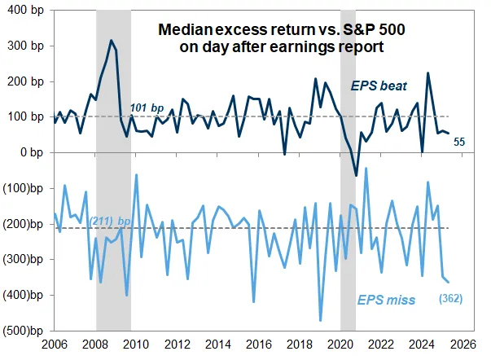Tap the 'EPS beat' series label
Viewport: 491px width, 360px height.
(x=379, y=85)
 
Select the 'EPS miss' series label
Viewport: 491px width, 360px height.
(x=385, y=301)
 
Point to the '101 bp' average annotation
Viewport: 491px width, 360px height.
(x=147, y=107)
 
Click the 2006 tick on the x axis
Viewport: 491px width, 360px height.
(x=55, y=345)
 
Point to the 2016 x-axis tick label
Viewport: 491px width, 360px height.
(x=256, y=345)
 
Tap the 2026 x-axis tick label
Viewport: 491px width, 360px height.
(x=455, y=345)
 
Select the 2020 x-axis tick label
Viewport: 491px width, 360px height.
(x=335, y=345)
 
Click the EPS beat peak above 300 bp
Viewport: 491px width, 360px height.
(x=112, y=41)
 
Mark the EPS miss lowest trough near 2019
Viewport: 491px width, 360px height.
(x=320, y=320)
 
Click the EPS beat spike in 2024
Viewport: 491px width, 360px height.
(x=428, y=73)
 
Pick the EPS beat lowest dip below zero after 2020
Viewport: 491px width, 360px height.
(x=356, y=175)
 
